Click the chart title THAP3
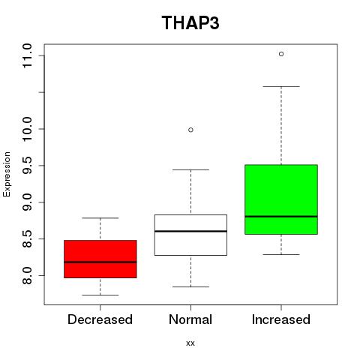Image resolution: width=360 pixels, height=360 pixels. [x=190, y=22]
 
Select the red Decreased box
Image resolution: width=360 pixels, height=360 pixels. [x=100, y=259]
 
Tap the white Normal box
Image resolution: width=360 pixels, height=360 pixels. [x=190, y=235]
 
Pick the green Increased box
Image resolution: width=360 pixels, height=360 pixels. [x=281, y=199]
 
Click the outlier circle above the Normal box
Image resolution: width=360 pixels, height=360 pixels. [x=190, y=130]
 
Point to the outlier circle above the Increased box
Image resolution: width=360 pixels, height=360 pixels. [x=281, y=54]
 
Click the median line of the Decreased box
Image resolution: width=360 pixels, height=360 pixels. [x=100, y=262]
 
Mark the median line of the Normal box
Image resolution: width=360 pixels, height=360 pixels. [x=190, y=231]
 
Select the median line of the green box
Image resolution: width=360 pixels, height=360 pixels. [x=281, y=217]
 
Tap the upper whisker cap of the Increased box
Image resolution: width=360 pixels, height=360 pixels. [x=281, y=86]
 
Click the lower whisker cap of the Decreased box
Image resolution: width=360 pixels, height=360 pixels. [x=100, y=295]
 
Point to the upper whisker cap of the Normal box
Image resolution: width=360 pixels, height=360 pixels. [x=190, y=169]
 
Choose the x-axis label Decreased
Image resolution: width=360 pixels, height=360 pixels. [x=100, y=319]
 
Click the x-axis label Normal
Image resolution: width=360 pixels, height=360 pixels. [x=190, y=319]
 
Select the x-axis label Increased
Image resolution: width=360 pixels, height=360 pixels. [x=281, y=319]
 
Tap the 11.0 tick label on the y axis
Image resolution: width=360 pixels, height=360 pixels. [x=27, y=55]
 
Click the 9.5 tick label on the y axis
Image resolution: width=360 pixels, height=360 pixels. [x=27, y=165]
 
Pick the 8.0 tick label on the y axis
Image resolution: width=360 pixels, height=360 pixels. [x=27, y=275]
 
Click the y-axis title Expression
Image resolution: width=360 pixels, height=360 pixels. [x=7, y=174]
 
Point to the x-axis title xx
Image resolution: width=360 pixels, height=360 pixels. [x=190, y=343]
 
